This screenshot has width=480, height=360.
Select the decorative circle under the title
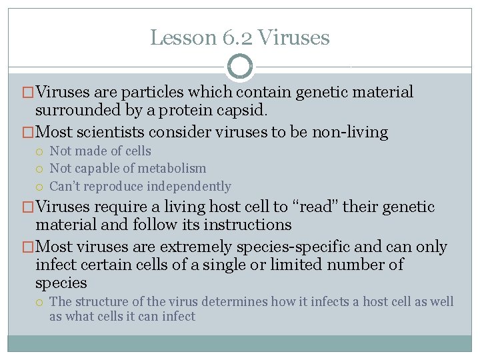(x=240, y=67)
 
